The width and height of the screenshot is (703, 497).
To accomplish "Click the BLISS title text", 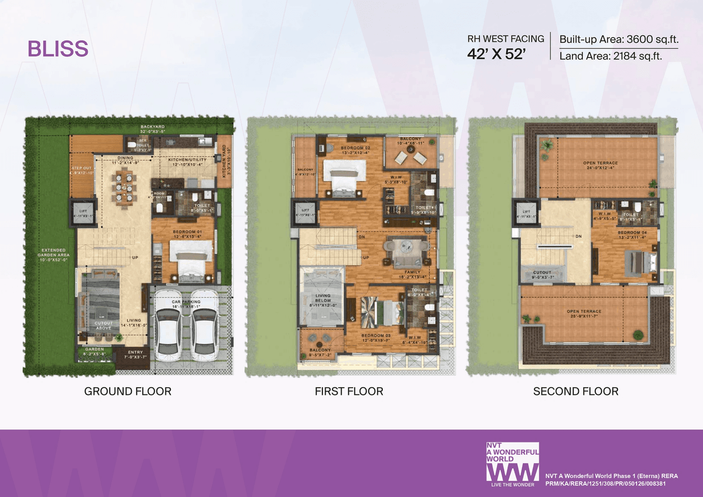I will click(58, 49).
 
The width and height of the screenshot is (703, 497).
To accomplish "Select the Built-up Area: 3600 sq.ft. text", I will click(618, 40).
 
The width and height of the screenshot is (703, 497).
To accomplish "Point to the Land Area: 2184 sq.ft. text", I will click(610, 56).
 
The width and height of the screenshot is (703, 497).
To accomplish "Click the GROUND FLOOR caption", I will click(127, 392).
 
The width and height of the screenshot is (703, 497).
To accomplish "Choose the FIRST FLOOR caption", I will click(349, 392).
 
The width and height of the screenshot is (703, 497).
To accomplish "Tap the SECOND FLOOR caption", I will click(576, 392).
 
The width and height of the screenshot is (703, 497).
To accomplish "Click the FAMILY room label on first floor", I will click(412, 272).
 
